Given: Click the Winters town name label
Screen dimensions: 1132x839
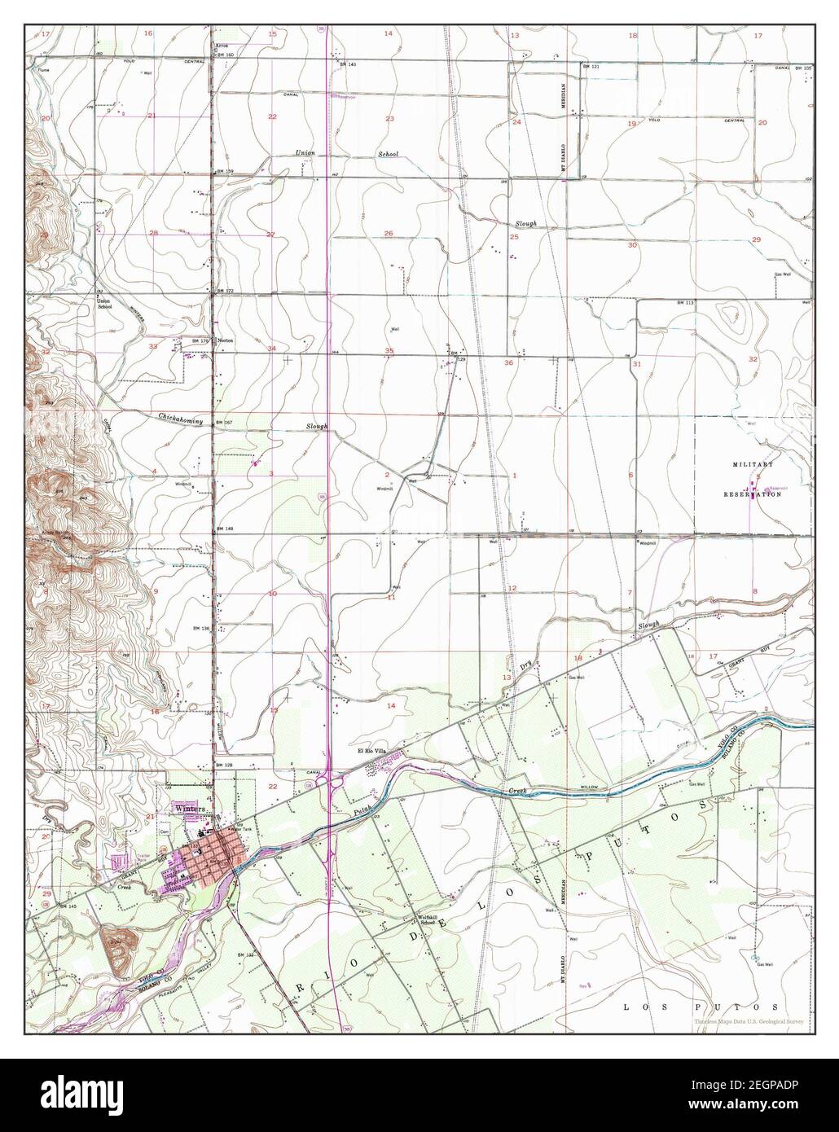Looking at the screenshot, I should pos(188,808).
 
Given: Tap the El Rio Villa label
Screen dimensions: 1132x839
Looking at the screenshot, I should pos(370,751).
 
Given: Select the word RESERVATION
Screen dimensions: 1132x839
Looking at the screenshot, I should pos(753,494).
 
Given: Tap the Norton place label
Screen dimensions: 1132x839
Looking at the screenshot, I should pos(226,340).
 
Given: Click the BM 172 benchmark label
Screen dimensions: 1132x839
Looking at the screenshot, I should pos(224,291).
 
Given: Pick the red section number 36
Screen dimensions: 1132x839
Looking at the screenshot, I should pos(508,362).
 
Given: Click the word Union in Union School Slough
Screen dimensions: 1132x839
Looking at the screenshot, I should pos(305,153).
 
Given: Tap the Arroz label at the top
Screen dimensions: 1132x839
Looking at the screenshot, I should pos(221,46).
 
